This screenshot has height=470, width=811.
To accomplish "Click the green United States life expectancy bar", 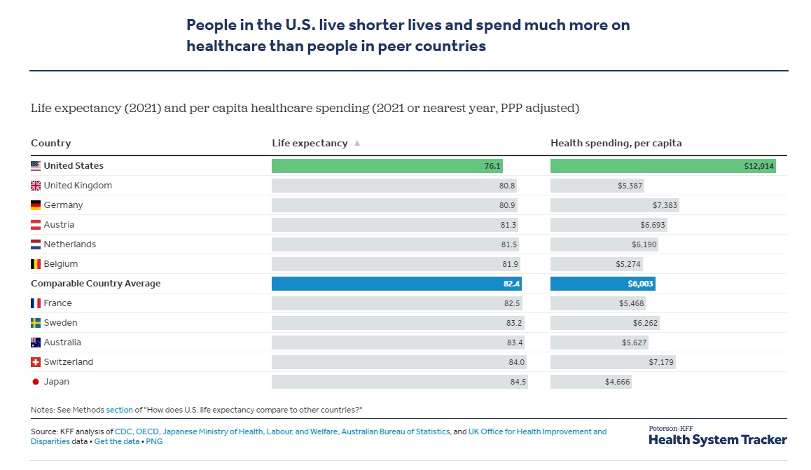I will (387, 166).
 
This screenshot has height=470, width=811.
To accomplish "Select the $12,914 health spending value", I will (759, 166).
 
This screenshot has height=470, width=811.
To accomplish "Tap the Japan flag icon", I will (36, 382).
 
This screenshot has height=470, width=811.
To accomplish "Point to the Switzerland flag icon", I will (36, 362).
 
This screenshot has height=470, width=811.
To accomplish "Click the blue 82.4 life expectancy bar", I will (397, 284).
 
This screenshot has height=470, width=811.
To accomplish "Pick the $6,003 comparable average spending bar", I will (603, 284).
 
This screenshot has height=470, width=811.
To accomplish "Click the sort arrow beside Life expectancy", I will (357, 143).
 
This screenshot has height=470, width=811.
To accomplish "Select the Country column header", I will (50, 143).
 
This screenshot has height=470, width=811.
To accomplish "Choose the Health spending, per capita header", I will (616, 143).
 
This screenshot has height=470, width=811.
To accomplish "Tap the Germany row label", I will (63, 205).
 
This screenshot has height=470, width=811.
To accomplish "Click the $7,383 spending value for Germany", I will (665, 205).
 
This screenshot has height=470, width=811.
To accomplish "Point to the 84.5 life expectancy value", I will (518, 382).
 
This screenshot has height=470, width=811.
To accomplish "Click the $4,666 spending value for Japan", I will (617, 382).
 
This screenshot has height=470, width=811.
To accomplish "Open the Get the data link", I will (116, 442).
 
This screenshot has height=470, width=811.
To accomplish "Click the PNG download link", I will (155, 442).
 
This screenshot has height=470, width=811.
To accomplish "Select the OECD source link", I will (147, 432).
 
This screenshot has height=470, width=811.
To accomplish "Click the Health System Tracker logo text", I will (717, 440).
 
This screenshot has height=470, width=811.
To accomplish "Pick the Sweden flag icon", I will (36, 323).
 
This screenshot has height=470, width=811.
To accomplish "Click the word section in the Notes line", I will (118, 410).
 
